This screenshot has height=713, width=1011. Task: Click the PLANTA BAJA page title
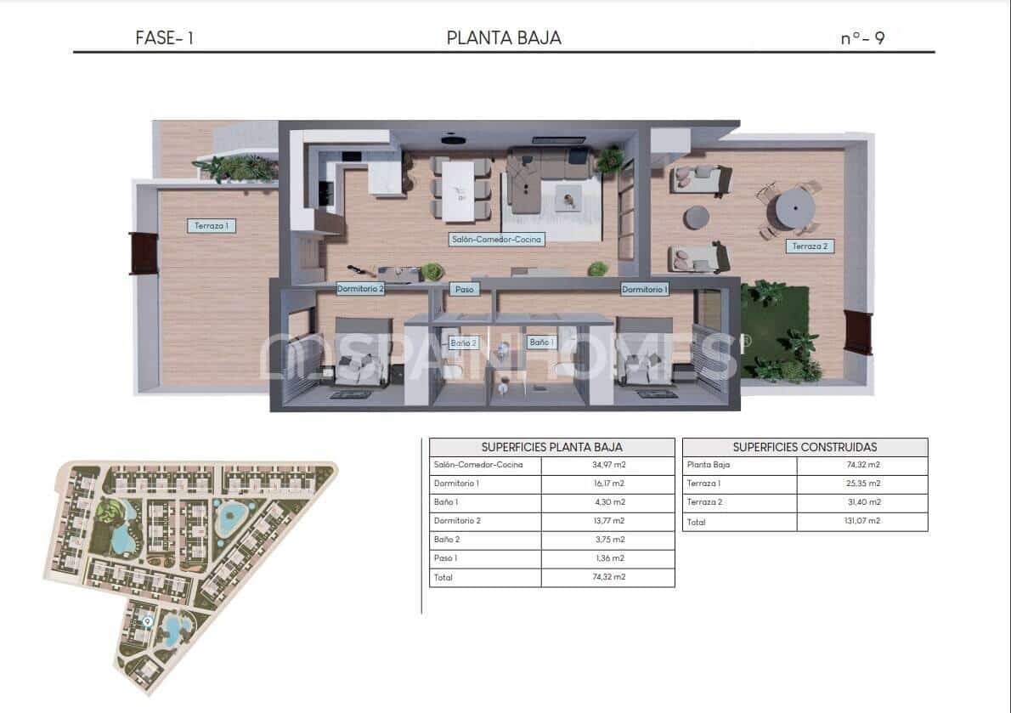tap(504, 37)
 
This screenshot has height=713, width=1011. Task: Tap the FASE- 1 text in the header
tap(164, 38)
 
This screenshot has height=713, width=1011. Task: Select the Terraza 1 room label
tap(212, 226)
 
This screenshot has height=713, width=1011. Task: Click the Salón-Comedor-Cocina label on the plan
tap(496, 240)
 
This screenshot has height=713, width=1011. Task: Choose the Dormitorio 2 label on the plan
tap(360, 289)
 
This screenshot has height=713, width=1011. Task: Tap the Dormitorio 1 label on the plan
tap(645, 290)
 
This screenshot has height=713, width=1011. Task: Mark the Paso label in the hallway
tap(464, 290)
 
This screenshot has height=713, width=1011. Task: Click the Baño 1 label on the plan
tap(541, 342)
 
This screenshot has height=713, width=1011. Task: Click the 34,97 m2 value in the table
tap(607, 465)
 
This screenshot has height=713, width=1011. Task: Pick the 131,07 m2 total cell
tap(861, 522)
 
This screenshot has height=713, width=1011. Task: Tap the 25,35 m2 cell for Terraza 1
tap(861, 484)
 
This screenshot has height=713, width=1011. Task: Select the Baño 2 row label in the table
tap(446, 540)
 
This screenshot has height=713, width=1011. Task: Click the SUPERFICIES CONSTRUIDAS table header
tap(804, 447)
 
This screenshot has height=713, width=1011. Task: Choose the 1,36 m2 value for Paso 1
tap(607, 558)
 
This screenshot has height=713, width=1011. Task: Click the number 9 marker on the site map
tap(148, 622)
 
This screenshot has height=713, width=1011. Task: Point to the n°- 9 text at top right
tap(862, 38)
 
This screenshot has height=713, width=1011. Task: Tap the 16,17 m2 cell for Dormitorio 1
tap(607, 484)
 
